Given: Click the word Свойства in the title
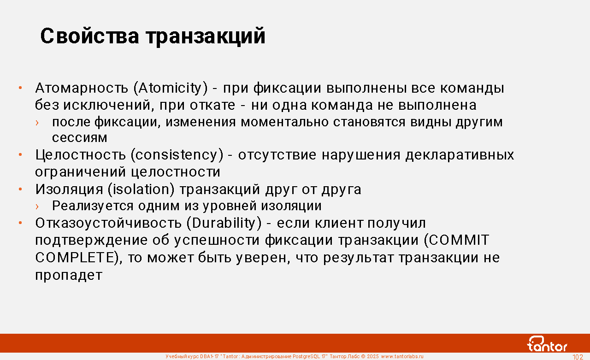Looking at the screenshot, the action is tap(89, 36).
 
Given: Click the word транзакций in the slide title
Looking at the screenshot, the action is tap(206, 37).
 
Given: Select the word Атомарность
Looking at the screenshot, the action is tap(82, 88).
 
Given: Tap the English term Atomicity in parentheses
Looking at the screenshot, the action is tap(171, 88).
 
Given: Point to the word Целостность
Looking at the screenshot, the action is tap(81, 155).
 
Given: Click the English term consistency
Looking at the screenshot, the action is tap(177, 155).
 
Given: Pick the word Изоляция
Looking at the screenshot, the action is tap(69, 189).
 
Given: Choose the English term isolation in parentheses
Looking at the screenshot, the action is tap(141, 189).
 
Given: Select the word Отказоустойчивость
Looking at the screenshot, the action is tap(108, 223).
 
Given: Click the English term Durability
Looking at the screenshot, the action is tap(224, 223).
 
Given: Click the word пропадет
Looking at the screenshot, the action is tap(69, 276).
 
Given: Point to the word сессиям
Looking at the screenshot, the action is tap(80, 138).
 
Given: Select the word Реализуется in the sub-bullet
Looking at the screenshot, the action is tap(93, 206).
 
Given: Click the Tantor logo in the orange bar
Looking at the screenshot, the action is tap(547, 344).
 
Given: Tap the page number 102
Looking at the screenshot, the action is tap(578, 357).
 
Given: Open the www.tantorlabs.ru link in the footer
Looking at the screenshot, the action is tap(402, 356).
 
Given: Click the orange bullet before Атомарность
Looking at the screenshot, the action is tap(20, 88).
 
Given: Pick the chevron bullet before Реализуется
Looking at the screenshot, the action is tap(37, 206).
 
